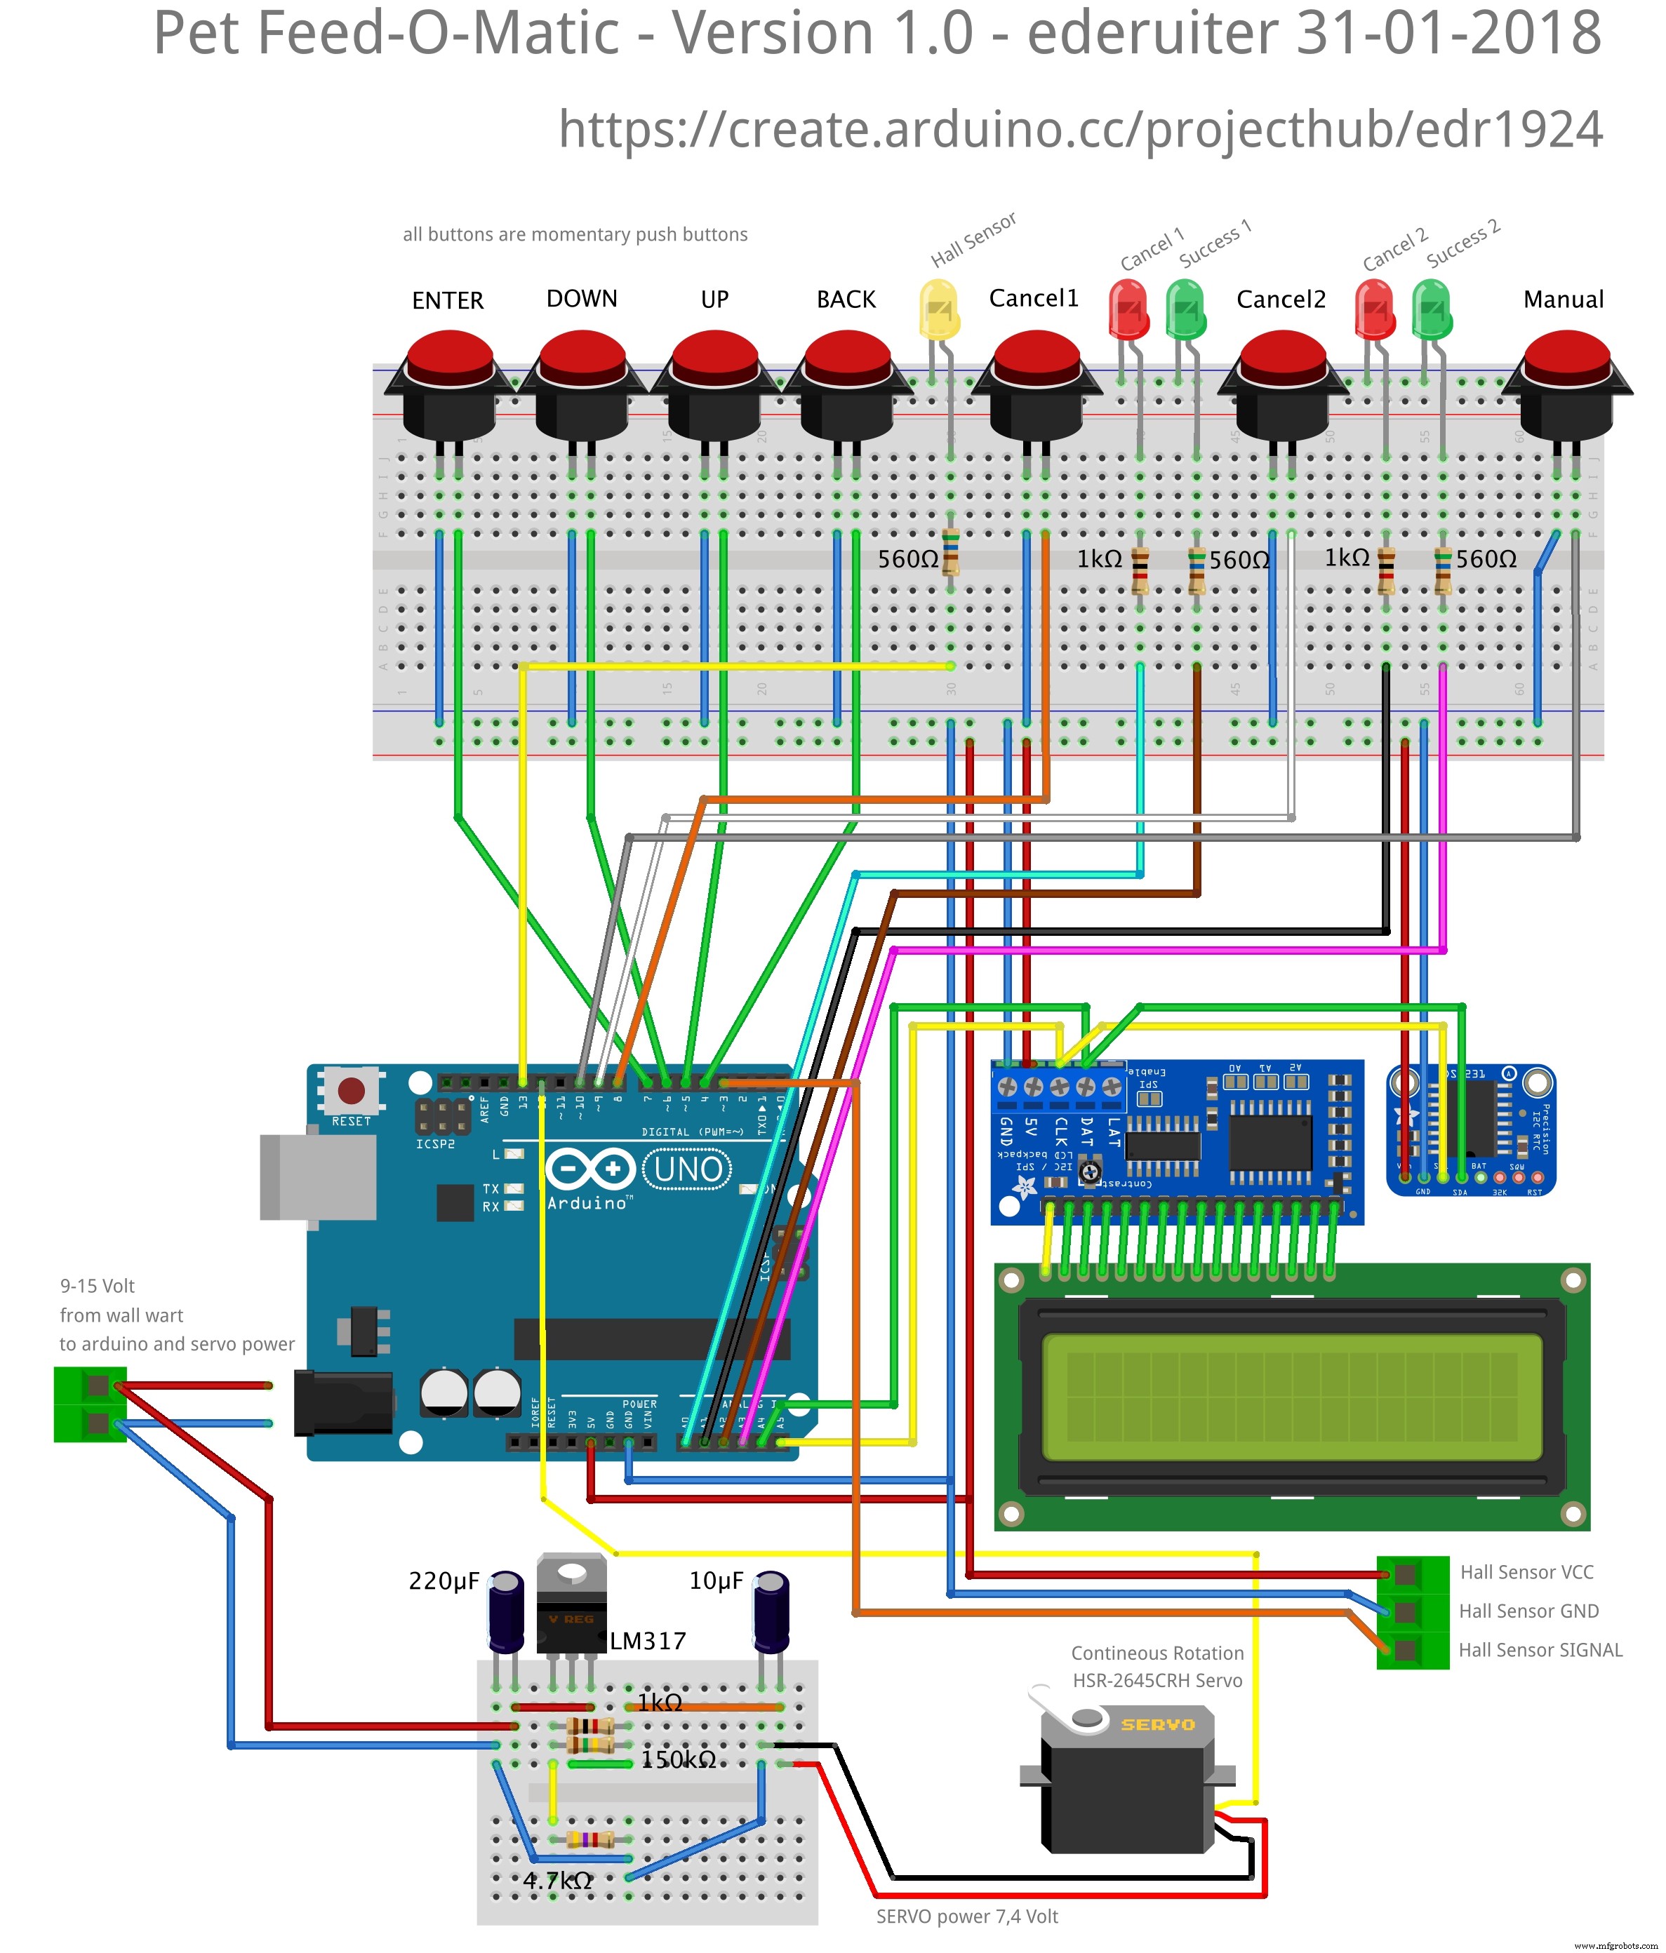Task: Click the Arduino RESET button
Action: tap(352, 1091)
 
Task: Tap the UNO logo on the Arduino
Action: tap(688, 1169)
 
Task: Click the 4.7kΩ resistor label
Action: tap(558, 1881)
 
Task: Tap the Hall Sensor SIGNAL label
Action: tap(1540, 1649)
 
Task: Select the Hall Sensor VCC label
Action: tap(1526, 1572)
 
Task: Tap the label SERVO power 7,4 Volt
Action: tap(966, 1917)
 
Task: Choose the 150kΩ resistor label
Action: tap(679, 1760)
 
